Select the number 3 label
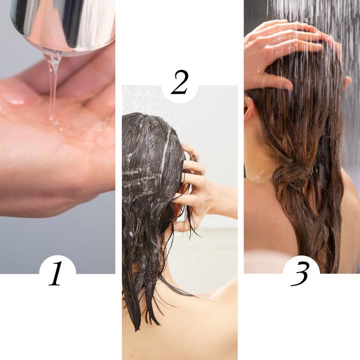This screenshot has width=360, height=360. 301,274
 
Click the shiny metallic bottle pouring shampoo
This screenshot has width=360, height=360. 62,22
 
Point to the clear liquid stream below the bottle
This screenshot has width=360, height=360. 51,85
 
